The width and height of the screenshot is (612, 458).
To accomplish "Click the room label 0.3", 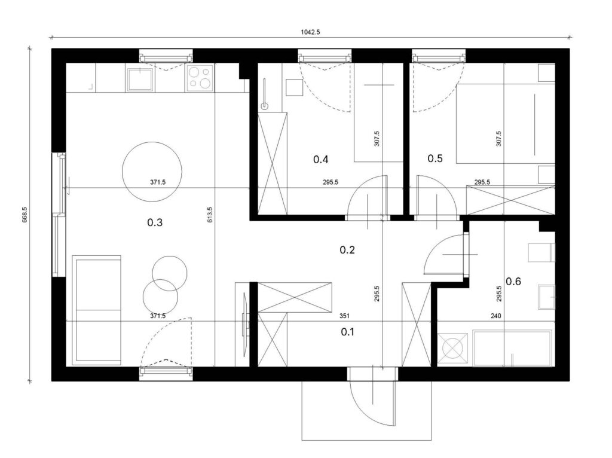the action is [x=155, y=222].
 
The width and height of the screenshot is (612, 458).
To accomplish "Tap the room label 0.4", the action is [x=320, y=159].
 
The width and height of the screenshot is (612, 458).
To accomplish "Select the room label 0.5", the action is [x=435, y=158].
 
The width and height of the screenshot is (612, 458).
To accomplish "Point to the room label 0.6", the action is [x=513, y=281].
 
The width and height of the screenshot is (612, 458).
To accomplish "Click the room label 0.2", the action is [x=347, y=250].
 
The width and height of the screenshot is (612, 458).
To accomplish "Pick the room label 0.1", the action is [x=347, y=332].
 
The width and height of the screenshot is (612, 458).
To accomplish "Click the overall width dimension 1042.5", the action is [x=310, y=32].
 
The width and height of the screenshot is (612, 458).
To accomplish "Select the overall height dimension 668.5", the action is [x=25, y=215].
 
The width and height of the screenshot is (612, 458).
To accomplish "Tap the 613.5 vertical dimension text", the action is [x=210, y=215].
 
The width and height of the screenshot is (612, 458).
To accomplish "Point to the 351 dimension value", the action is [x=345, y=316].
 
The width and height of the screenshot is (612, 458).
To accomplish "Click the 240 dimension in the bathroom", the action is [x=495, y=316].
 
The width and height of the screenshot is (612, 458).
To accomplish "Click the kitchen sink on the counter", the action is [x=140, y=78].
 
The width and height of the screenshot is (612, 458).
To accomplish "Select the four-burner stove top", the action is [x=200, y=78].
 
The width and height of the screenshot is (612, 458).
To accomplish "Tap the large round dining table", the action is [x=152, y=172].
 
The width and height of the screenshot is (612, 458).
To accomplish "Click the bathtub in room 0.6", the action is [x=512, y=348].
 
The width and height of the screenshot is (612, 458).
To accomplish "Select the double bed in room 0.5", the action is [x=506, y=123].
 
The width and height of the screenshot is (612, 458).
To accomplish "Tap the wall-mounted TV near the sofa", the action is [x=245, y=319].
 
